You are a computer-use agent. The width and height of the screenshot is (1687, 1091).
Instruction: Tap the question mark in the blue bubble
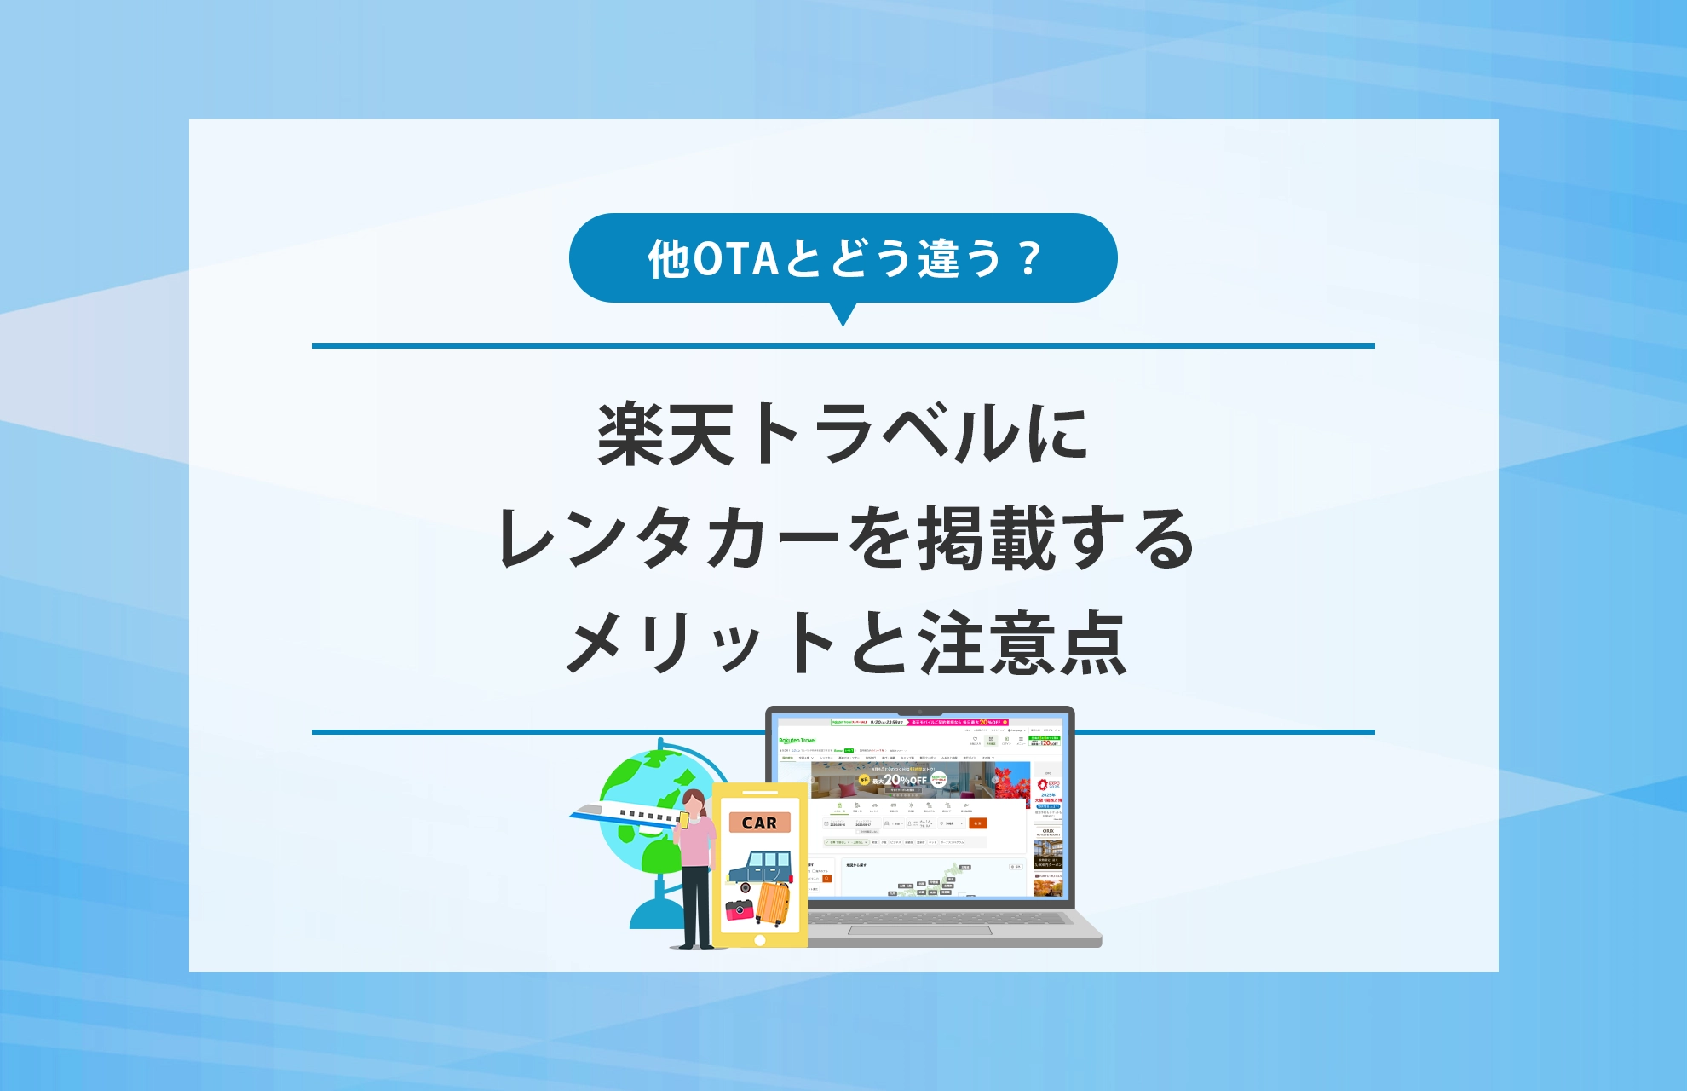[x=1030, y=259]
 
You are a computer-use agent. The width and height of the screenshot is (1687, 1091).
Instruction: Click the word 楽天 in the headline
[x=665, y=435]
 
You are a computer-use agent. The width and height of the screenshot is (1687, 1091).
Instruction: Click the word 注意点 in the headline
[x=1022, y=644]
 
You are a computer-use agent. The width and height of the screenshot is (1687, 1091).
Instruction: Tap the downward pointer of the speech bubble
[x=843, y=315]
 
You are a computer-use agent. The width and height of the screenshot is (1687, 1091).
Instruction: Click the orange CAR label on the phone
[x=759, y=823]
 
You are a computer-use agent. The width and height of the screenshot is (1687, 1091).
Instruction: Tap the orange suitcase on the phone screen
[x=773, y=904]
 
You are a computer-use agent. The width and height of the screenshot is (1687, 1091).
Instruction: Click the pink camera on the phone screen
[x=739, y=909]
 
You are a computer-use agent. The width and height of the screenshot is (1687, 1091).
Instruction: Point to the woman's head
[x=694, y=801]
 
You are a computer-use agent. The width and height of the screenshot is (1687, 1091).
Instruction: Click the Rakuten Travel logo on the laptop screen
[x=797, y=741]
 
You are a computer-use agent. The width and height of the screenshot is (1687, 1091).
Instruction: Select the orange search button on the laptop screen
[x=977, y=823]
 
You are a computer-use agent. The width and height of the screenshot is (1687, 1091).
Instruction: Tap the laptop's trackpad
[x=920, y=930]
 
